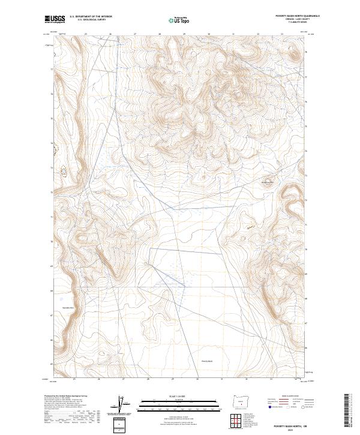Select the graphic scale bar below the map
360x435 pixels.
(x=171, y=403)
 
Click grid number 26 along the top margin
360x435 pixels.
(x=110, y=34)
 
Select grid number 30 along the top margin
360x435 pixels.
(x=208, y=34)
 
